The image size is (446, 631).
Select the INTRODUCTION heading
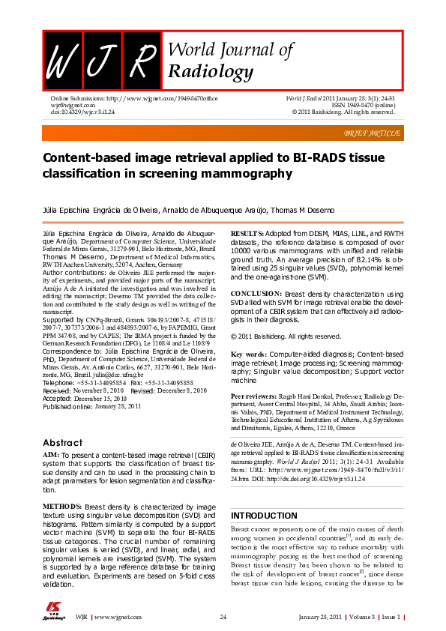click(x=264, y=516)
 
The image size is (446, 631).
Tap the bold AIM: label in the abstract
click(x=51, y=455)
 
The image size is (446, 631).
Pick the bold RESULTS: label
click(x=248, y=235)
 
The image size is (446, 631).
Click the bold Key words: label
click(x=248, y=353)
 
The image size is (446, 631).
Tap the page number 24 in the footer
click(x=223, y=616)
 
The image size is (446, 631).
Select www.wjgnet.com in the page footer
click(x=118, y=616)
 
